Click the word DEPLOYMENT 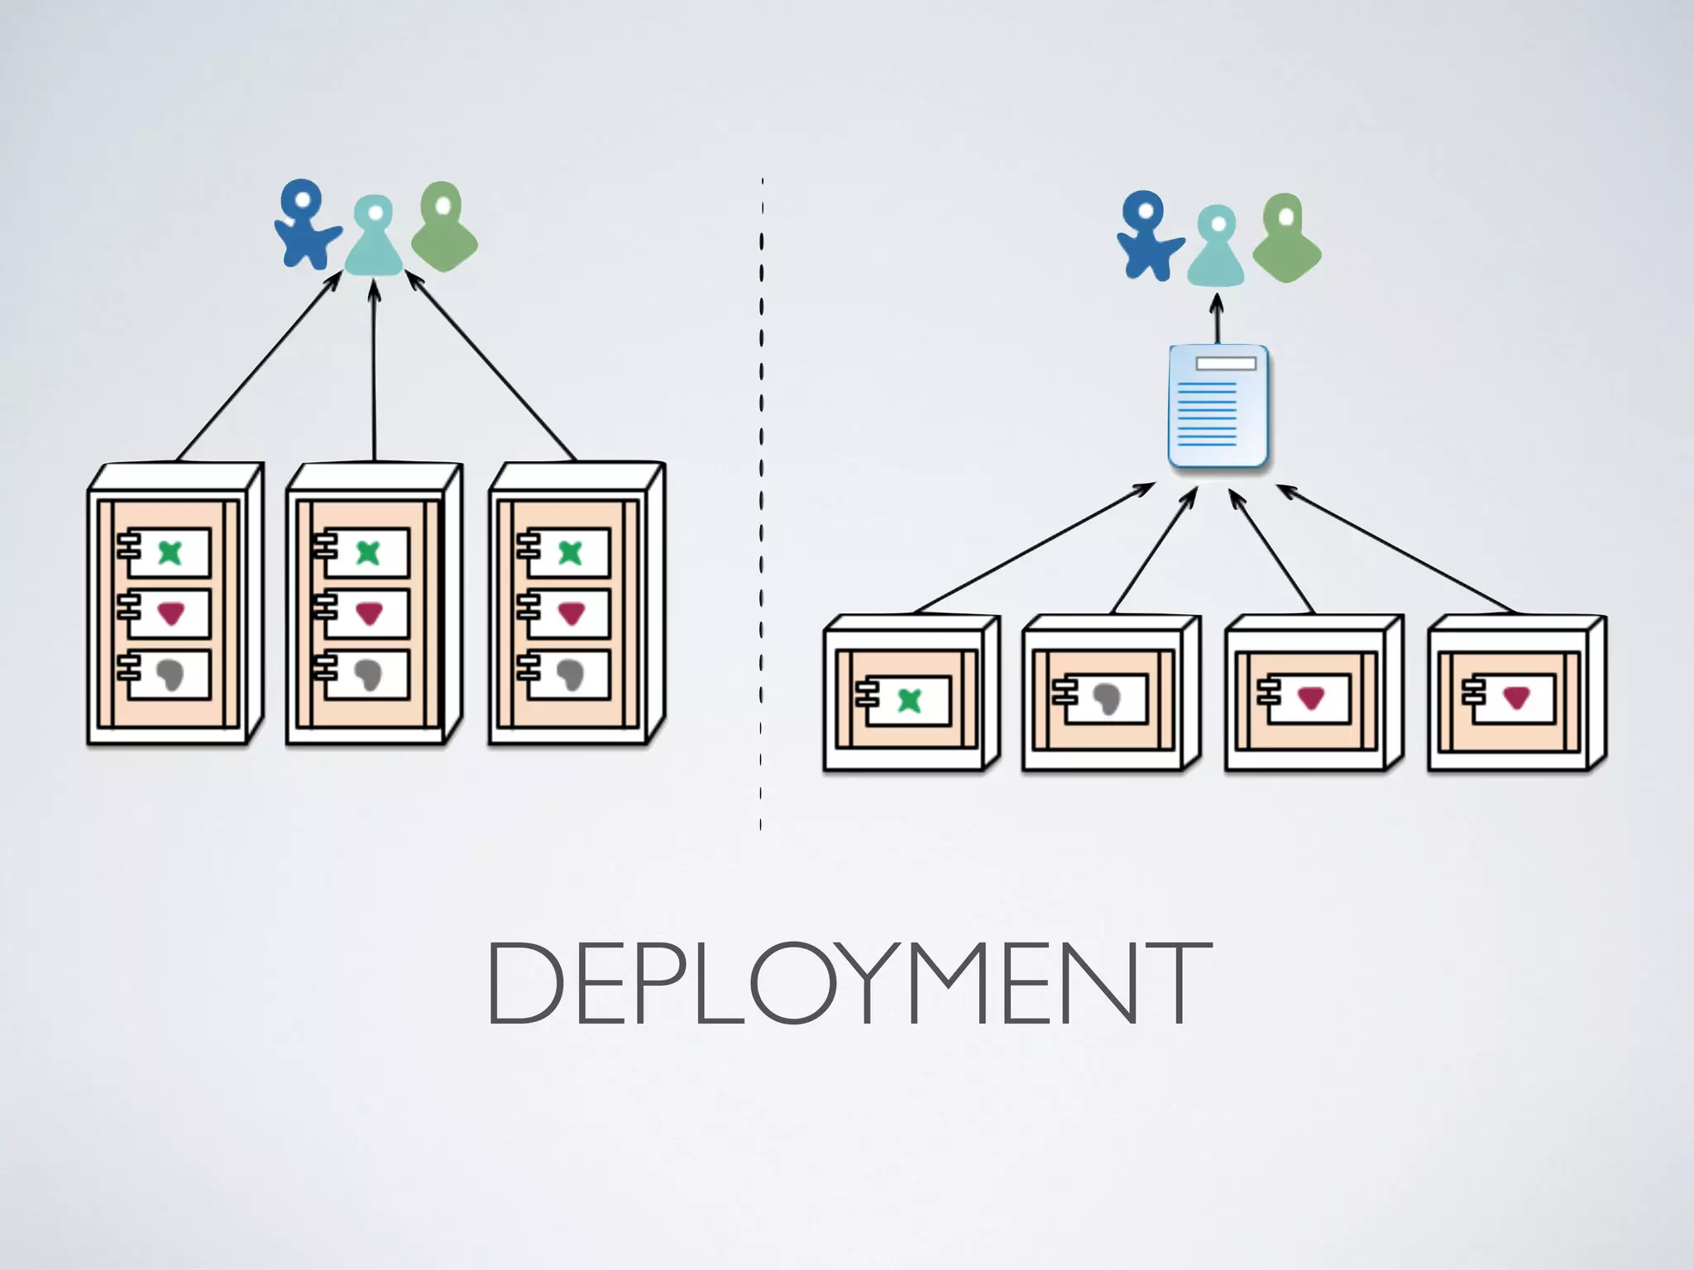tap(849, 984)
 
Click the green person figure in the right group tap(1285, 240)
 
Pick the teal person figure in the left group tap(374, 238)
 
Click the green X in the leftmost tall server tap(170, 552)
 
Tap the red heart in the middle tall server tap(369, 614)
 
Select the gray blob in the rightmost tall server tap(570, 675)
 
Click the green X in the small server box tap(909, 700)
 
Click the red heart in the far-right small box tap(1515, 699)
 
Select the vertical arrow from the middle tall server tap(374, 372)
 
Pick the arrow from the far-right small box tap(1398, 550)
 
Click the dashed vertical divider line tap(761, 496)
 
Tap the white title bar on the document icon tap(1226, 364)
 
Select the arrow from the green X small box tap(1034, 548)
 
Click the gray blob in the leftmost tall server tap(171, 675)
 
